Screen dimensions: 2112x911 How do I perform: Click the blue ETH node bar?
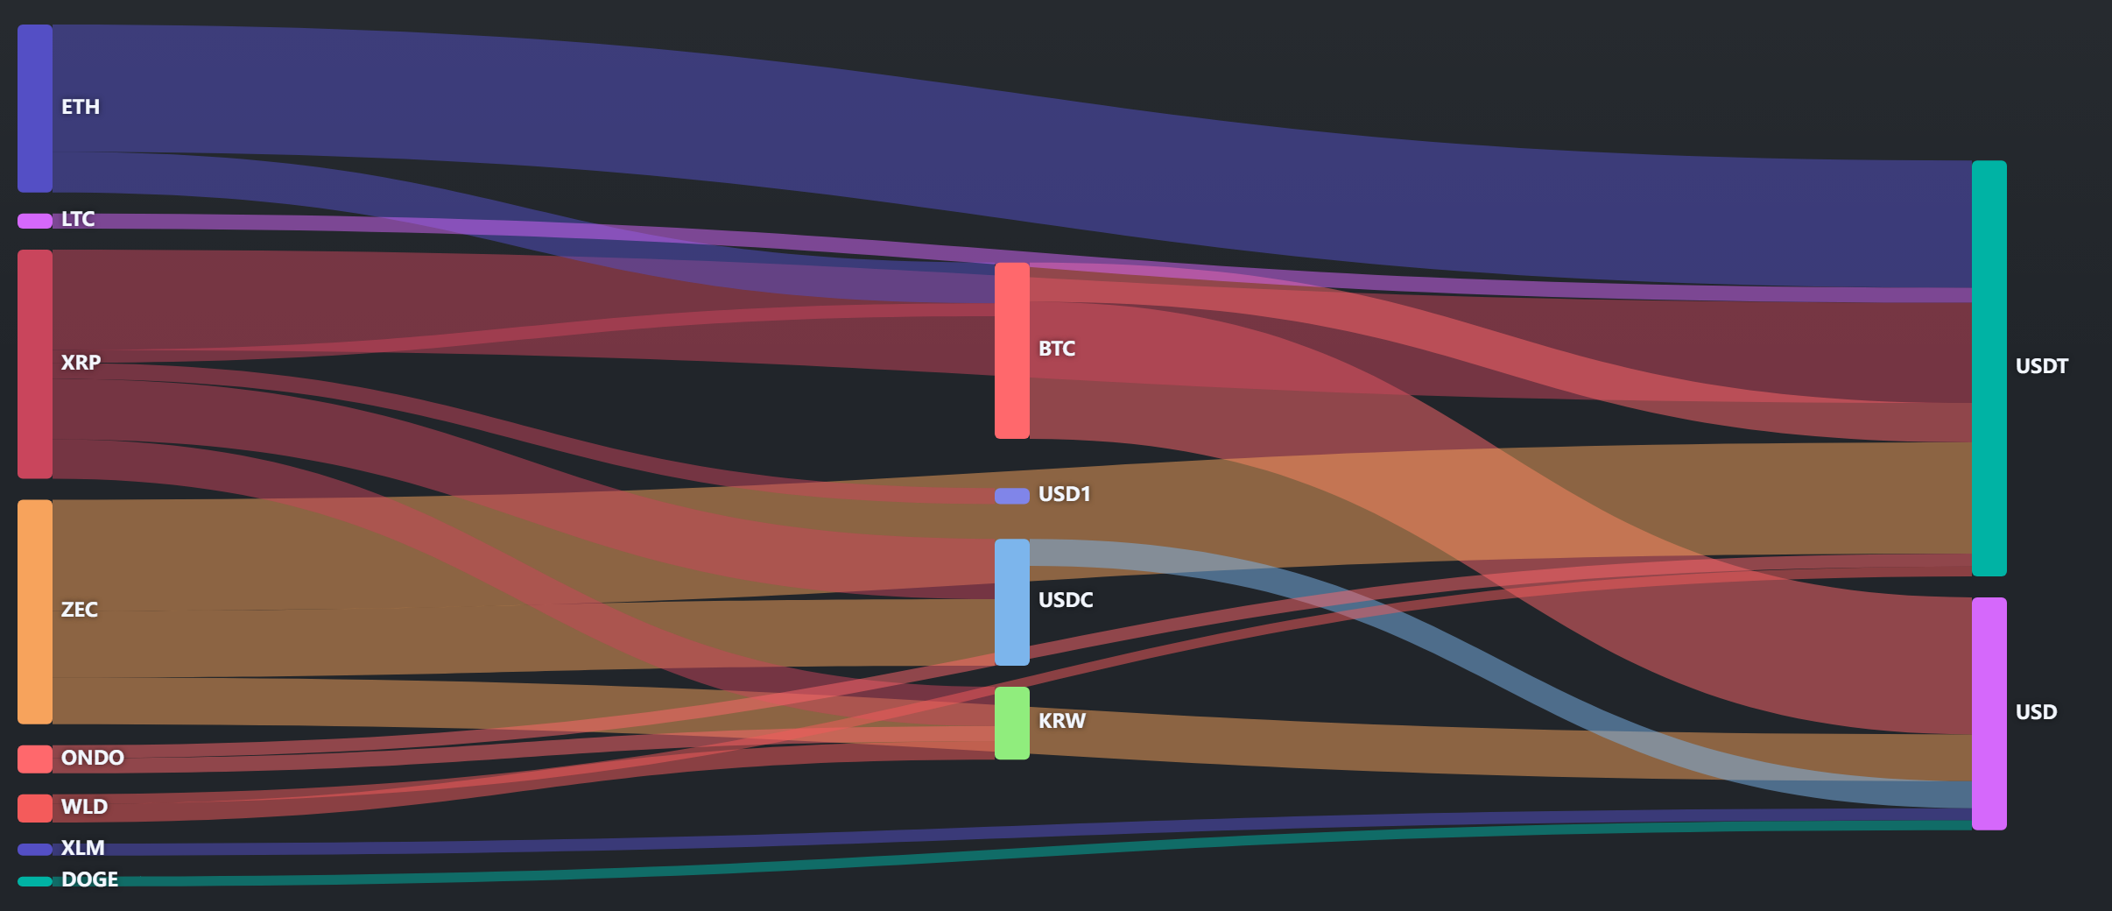tap(35, 109)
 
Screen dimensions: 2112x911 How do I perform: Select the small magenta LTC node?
tap(35, 221)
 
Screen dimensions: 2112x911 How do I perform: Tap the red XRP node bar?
tap(35, 364)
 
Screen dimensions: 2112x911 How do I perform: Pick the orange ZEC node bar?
tap(35, 612)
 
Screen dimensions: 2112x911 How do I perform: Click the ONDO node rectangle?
tap(35, 759)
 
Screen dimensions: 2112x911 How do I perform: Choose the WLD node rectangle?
tap(35, 809)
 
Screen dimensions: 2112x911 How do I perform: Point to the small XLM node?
tap(35, 849)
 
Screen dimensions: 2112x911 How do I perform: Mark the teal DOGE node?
tap(35, 881)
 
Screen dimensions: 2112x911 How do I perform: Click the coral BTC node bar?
tap(1012, 350)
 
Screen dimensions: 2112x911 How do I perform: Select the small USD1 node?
tap(1012, 497)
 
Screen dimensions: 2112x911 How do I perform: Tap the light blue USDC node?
tap(1012, 603)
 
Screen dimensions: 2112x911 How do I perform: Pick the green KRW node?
tap(1012, 724)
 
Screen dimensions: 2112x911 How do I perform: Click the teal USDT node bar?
tap(1989, 368)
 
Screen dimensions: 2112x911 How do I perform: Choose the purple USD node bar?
tap(1989, 714)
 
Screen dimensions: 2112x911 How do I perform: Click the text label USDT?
tap(2042, 366)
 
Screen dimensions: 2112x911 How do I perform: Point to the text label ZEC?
tap(80, 610)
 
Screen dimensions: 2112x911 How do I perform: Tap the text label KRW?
tap(1062, 721)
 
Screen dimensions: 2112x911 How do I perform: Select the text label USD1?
tap(1065, 494)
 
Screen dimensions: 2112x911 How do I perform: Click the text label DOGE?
tap(89, 879)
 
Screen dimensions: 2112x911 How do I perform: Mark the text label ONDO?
tap(93, 758)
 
